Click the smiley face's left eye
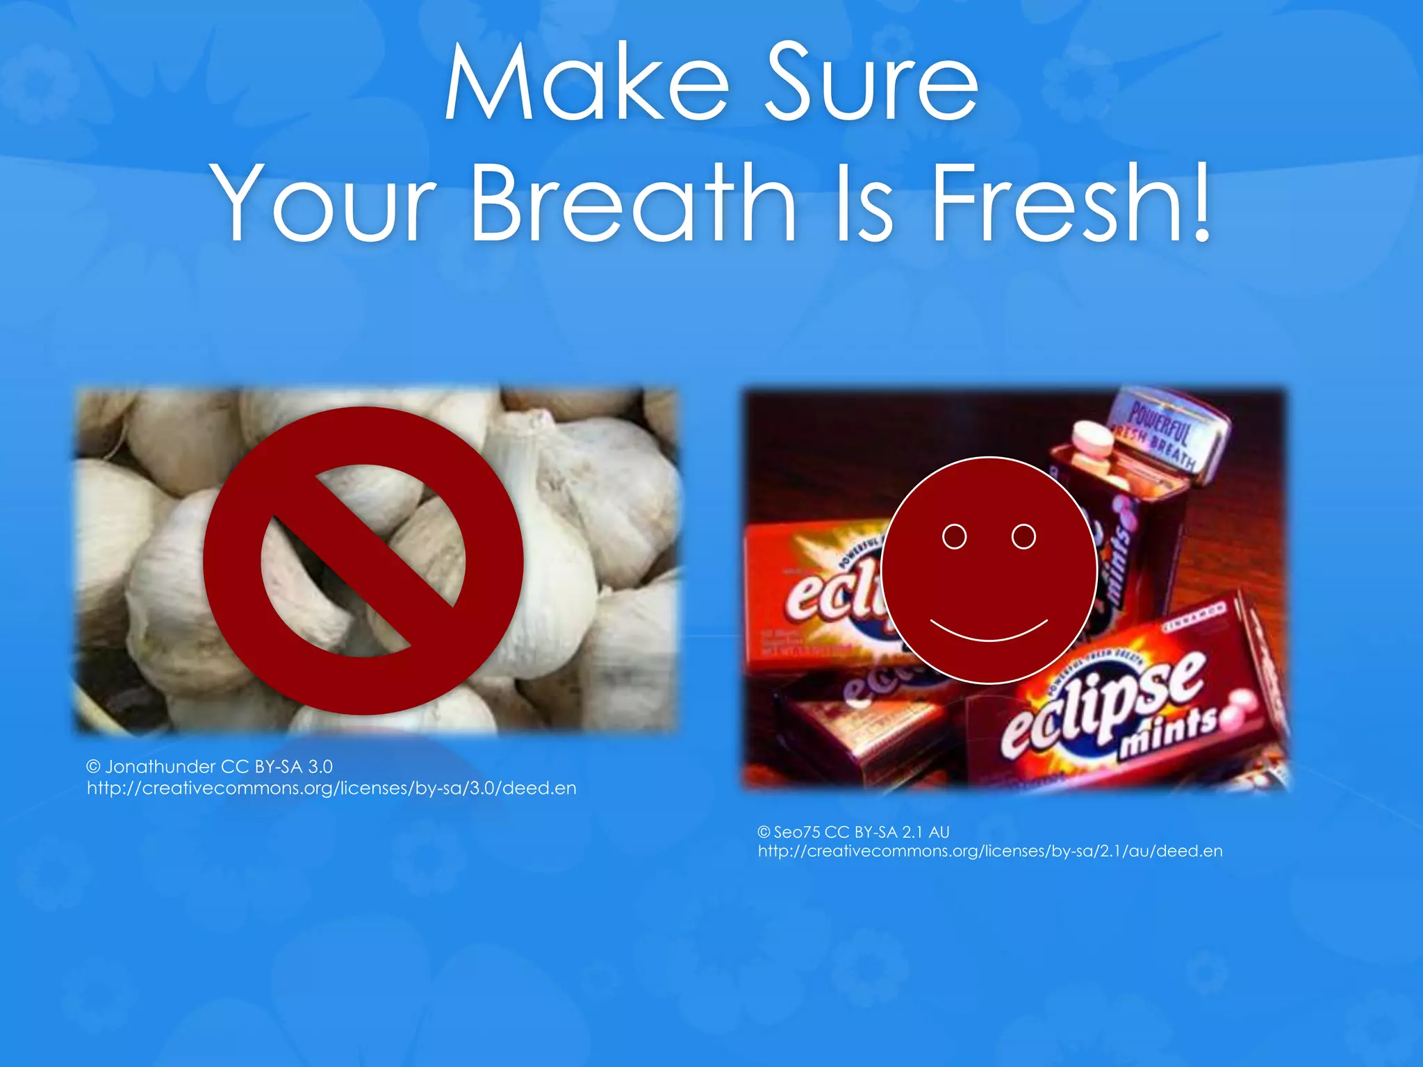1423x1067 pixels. pos(954,536)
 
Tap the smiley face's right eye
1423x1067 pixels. pos(1023,536)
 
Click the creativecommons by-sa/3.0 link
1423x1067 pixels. pos(331,788)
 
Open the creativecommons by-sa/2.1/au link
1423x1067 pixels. pos(990,851)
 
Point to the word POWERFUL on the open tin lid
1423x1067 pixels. pos(1159,421)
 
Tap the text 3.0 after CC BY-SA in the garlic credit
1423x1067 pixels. pos(320,766)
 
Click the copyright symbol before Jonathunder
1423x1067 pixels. pos(94,766)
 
